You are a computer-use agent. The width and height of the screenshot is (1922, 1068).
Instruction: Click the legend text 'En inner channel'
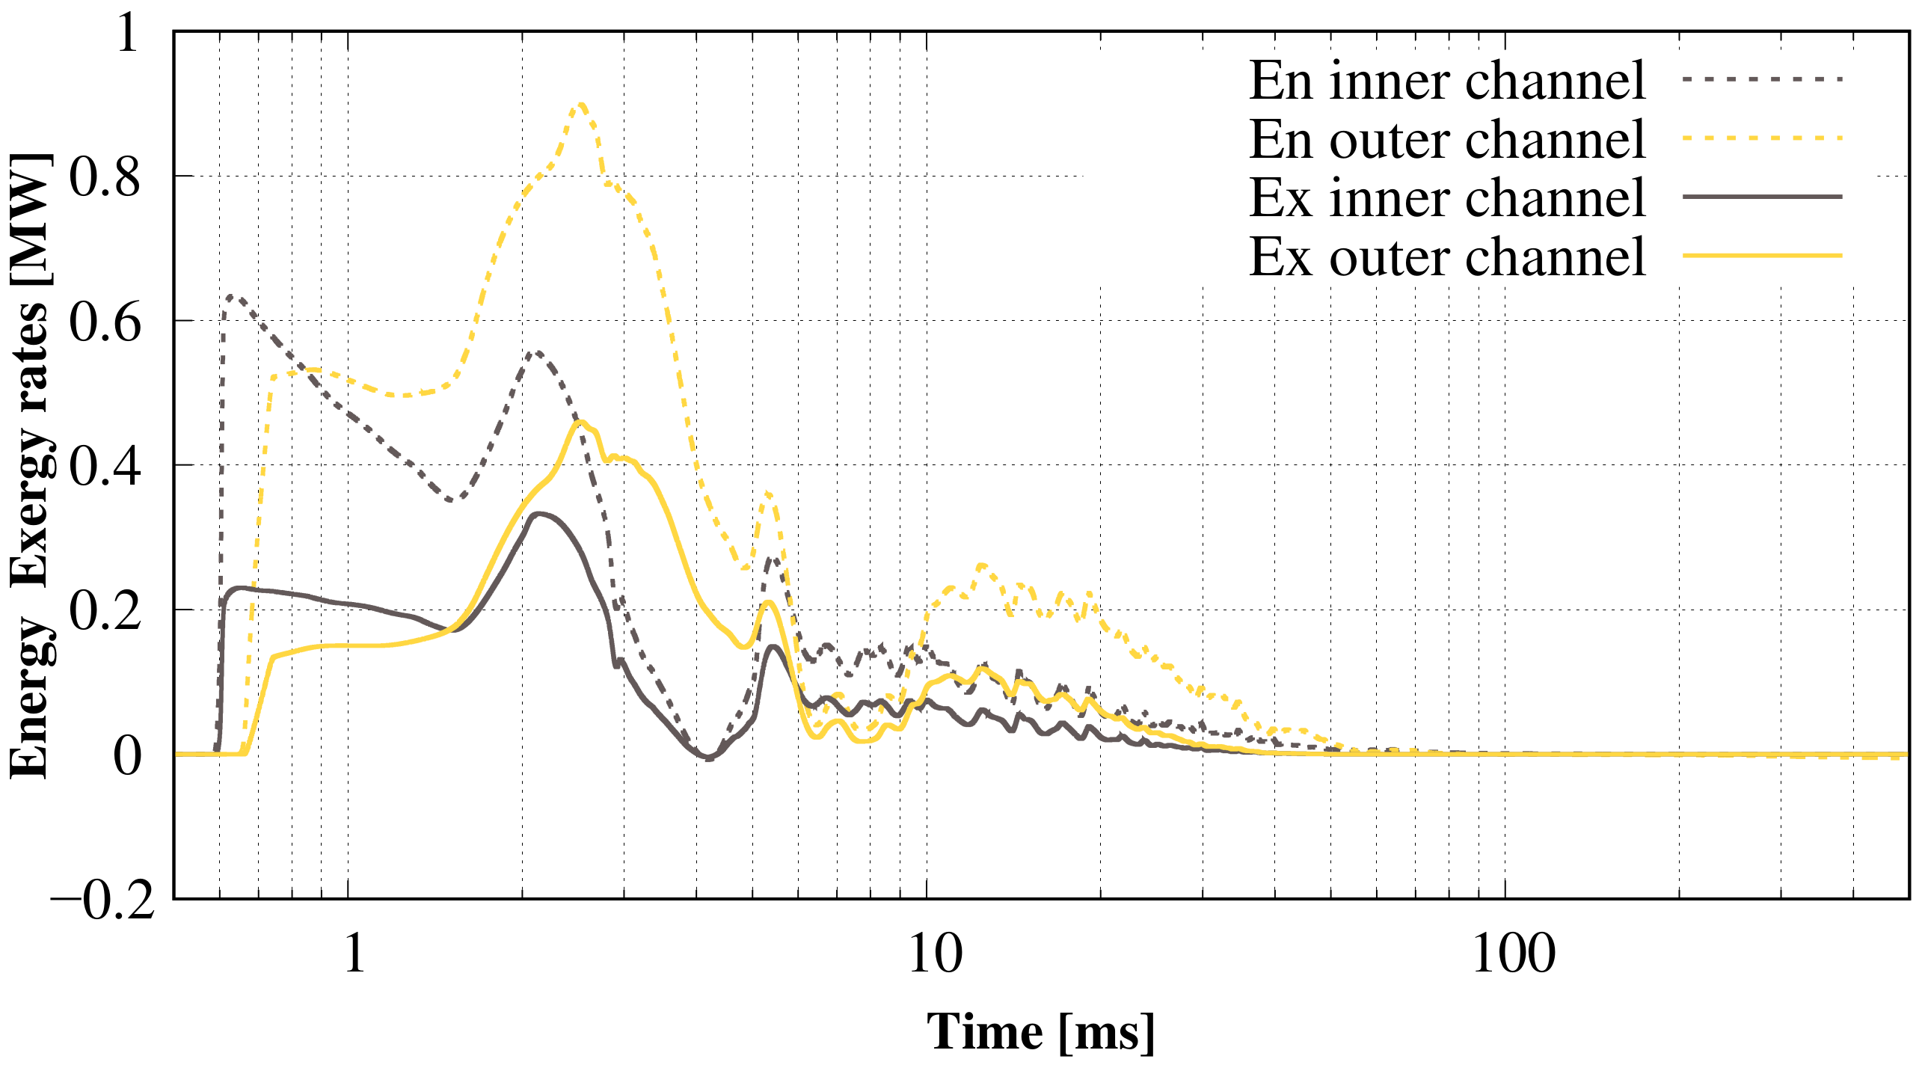coord(1446,81)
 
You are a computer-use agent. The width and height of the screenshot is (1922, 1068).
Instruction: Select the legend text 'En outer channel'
coord(1446,140)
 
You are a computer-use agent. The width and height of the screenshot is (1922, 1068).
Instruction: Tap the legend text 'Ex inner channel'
coord(1446,198)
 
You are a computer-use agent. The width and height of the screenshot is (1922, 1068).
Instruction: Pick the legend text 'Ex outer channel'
coord(1446,257)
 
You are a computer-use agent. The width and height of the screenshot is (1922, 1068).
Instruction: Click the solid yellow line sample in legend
coord(1761,256)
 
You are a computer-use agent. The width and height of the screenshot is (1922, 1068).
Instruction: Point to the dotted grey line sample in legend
coord(1761,79)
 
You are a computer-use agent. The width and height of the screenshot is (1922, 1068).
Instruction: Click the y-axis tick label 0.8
coord(105,178)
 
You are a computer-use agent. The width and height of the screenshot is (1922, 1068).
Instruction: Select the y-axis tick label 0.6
coord(105,323)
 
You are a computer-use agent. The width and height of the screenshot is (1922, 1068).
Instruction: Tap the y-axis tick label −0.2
coord(102,900)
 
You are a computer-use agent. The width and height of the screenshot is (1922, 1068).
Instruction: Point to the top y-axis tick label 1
coord(128,33)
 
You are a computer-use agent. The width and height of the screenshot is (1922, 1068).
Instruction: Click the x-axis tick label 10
coord(935,954)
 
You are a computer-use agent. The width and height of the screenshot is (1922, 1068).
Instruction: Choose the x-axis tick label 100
coord(1514,954)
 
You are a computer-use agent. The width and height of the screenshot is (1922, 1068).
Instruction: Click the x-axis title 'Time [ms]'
coord(1040,1033)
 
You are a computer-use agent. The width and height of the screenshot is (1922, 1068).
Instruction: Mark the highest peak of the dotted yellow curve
coord(581,105)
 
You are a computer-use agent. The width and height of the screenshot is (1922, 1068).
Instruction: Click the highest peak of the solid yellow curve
coord(581,423)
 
